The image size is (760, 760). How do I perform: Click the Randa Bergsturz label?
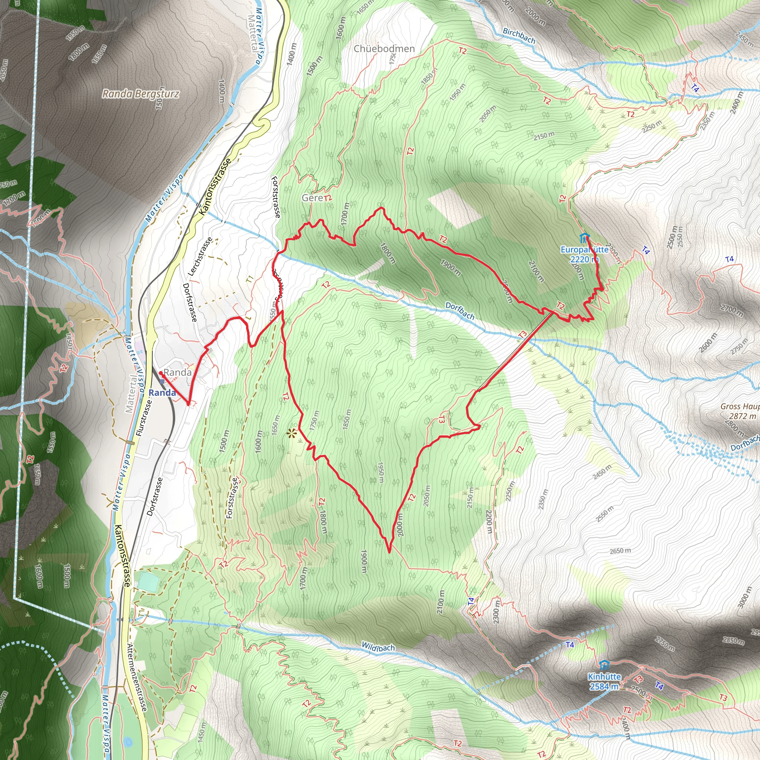(x=140, y=94)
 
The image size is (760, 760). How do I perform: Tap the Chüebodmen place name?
(x=384, y=49)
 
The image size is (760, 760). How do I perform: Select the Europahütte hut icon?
(x=584, y=238)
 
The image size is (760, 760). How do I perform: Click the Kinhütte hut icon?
(x=605, y=666)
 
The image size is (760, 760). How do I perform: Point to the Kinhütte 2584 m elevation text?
(x=604, y=687)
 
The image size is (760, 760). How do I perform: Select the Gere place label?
(x=312, y=198)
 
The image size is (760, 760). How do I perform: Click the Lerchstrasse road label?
(x=200, y=256)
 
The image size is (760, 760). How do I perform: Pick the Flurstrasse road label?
(x=143, y=418)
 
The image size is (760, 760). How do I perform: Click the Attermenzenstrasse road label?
(x=137, y=677)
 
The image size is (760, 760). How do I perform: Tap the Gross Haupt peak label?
(x=740, y=407)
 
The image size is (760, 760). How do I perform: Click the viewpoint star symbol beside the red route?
(x=291, y=434)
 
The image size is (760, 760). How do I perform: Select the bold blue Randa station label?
(x=162, y=393)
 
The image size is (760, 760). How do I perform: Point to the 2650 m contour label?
(x=620, y=551)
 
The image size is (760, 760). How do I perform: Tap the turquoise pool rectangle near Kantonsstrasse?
(x=147, y=582)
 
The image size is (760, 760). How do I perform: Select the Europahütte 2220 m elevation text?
(x=584, y=259)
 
